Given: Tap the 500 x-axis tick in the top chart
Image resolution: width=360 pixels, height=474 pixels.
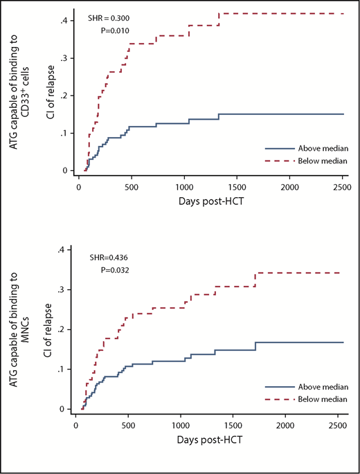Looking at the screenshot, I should click(x=131, y=187).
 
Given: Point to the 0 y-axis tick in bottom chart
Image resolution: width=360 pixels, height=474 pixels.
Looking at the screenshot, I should click(x=64, y=409).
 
